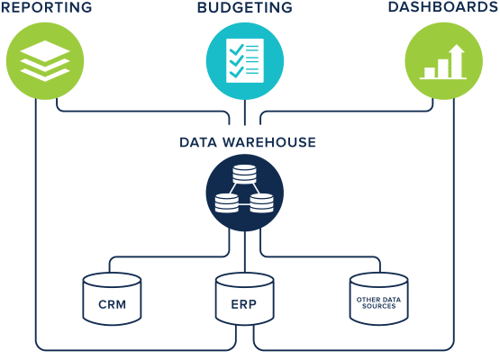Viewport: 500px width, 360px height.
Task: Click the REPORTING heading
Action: pos(47,7)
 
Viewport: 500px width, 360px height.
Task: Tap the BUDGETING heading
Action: pos(244,7)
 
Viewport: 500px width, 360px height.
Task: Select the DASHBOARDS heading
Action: pos(443,7)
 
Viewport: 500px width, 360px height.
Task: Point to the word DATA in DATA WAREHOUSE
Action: pos(198,142)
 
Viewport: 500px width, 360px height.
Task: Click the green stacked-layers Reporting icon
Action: pos(45,61)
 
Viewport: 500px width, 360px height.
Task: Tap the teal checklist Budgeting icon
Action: pos(244,61)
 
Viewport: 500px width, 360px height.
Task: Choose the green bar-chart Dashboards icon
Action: pos(443,61)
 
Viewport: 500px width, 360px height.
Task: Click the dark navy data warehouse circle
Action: pos(244,193)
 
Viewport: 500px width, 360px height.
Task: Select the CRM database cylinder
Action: pos(112,299)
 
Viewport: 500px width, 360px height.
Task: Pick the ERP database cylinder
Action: pos(244,299)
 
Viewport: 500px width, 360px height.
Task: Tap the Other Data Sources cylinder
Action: pos(378,299)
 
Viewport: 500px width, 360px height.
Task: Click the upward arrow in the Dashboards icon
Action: pos(457,60)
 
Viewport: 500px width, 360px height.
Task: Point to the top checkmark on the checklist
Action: pos(237,49)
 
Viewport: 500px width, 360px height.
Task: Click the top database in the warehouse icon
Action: pos(244,174)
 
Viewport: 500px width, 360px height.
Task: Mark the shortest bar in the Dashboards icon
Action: pos(429,72)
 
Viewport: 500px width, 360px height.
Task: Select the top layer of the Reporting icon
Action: pos(45,50)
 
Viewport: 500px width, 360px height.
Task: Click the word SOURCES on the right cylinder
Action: pos(378,306)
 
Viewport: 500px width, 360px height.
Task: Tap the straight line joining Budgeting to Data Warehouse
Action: pos(244,112)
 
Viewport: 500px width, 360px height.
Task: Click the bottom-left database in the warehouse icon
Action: pos(227,203)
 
